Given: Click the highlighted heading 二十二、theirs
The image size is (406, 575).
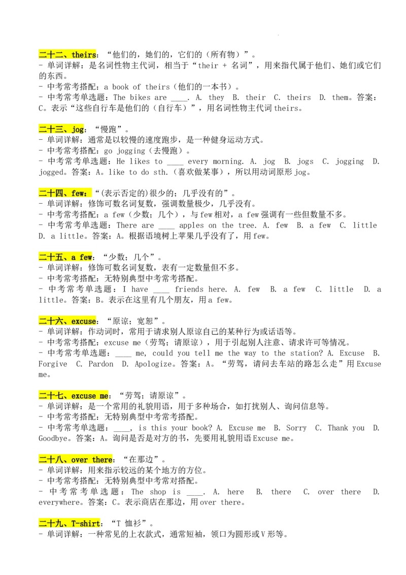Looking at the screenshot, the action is click(67, 55).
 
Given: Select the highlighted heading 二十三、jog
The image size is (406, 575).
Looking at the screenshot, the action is click(61, 129).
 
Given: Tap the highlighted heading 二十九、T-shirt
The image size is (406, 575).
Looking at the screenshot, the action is click(69, 523).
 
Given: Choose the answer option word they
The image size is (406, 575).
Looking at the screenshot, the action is click(216, 98).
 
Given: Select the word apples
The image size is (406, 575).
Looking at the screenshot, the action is click(192, 226).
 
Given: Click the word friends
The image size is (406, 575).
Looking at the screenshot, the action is click(189, 290).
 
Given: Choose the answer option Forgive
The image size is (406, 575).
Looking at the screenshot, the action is click(53, 364).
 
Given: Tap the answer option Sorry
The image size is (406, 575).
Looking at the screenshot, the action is click(296, 428).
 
